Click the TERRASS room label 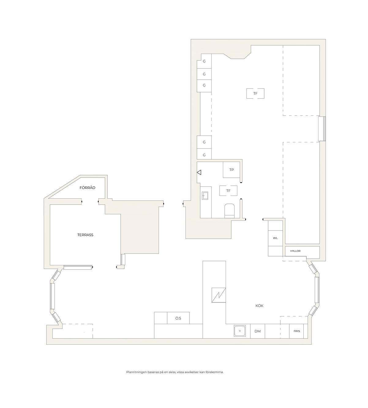click(x=85, y=235)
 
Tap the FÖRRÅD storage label click(x=87, y=188)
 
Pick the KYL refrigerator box click(x=276, y=238)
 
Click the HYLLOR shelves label click(x=295, y=251)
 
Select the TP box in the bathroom click(x=231, y=170)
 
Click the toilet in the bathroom click(x=229, y=211)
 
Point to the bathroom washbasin click(x=205, y=196)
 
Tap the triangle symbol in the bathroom click(x=199, y=172)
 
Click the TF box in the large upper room click(x=255, y=94)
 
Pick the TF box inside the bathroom click(x=228, y=191)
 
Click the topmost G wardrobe click(x=204, y=61)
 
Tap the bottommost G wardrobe click(x=204, y=155)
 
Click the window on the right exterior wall click(x=322, y=129)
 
